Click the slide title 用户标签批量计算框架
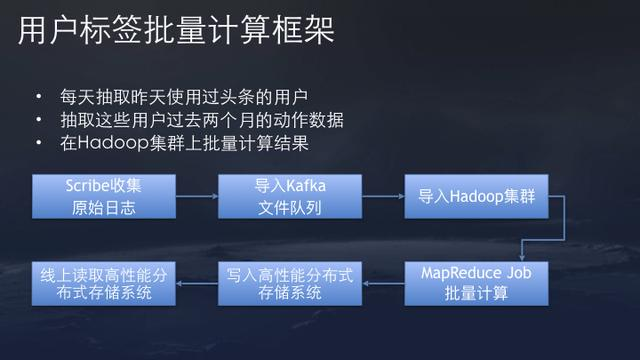tap(176, 30)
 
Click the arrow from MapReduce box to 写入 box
tap(384, 283)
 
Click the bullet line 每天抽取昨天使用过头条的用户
tap(186, 97)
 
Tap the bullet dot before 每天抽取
tap(37, 97)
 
